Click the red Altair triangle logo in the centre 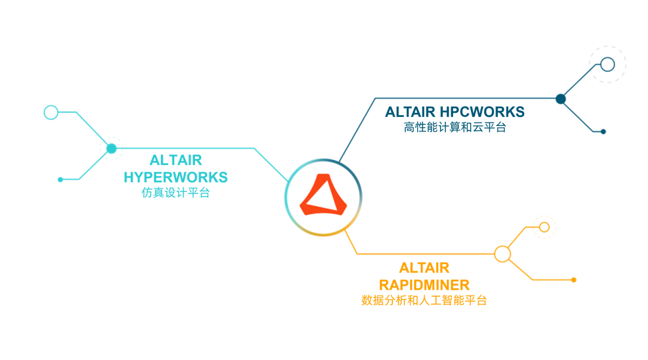point(323,195)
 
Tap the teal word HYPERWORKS point(176,178)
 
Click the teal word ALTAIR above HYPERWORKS point(176,161)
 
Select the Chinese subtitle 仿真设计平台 point(176,193)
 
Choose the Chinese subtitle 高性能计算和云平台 point(455,127)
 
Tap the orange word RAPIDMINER point(424,284)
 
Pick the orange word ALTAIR point(424,268)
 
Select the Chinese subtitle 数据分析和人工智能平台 point(424,300)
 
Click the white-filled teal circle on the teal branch point(51,112)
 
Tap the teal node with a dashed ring point(111,148)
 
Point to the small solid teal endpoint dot point(60,179)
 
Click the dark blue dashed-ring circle point(607,64)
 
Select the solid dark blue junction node point(561,99)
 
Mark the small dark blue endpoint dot point(603,131)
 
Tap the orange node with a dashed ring point(544,227)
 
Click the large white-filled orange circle point(502,254)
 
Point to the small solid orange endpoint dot point(574,280)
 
